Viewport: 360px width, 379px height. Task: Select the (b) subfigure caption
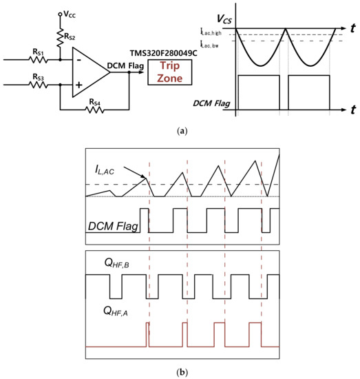pyautogui.click(x=180, y=372)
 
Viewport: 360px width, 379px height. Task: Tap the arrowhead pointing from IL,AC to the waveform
pyautogui.click(x=145, y=178)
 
